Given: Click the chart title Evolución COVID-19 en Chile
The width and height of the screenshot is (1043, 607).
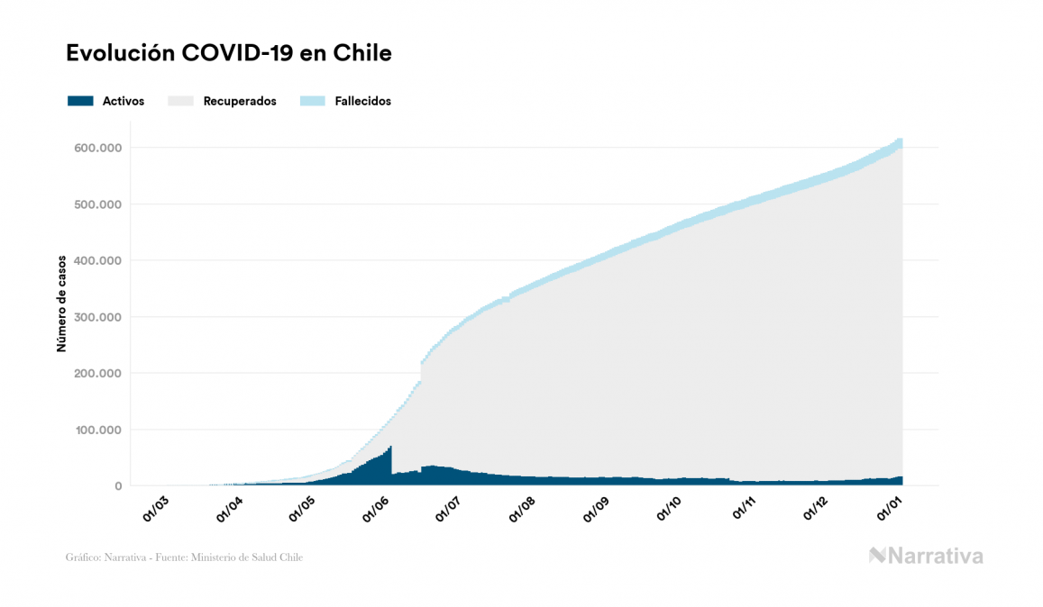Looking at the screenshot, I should pyautogui.click(x=229, y=53).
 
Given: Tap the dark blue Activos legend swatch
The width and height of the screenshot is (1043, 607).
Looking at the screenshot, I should pyautogui.click(x=80, y=101).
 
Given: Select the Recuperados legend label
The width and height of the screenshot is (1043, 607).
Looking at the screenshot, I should pyautogui.click(x=240, y=101).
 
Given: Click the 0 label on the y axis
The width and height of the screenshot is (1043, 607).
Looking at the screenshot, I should pyautogui.click(x=117, y=486).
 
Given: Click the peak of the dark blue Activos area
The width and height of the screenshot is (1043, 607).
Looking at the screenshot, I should pyautogui.click(x=389, y=448).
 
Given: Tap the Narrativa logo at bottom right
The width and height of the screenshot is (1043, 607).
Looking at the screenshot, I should pyautogui.click(x=926, y=556).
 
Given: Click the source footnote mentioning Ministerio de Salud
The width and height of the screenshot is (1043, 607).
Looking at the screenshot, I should pyautogui.click(x=184, y=557).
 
